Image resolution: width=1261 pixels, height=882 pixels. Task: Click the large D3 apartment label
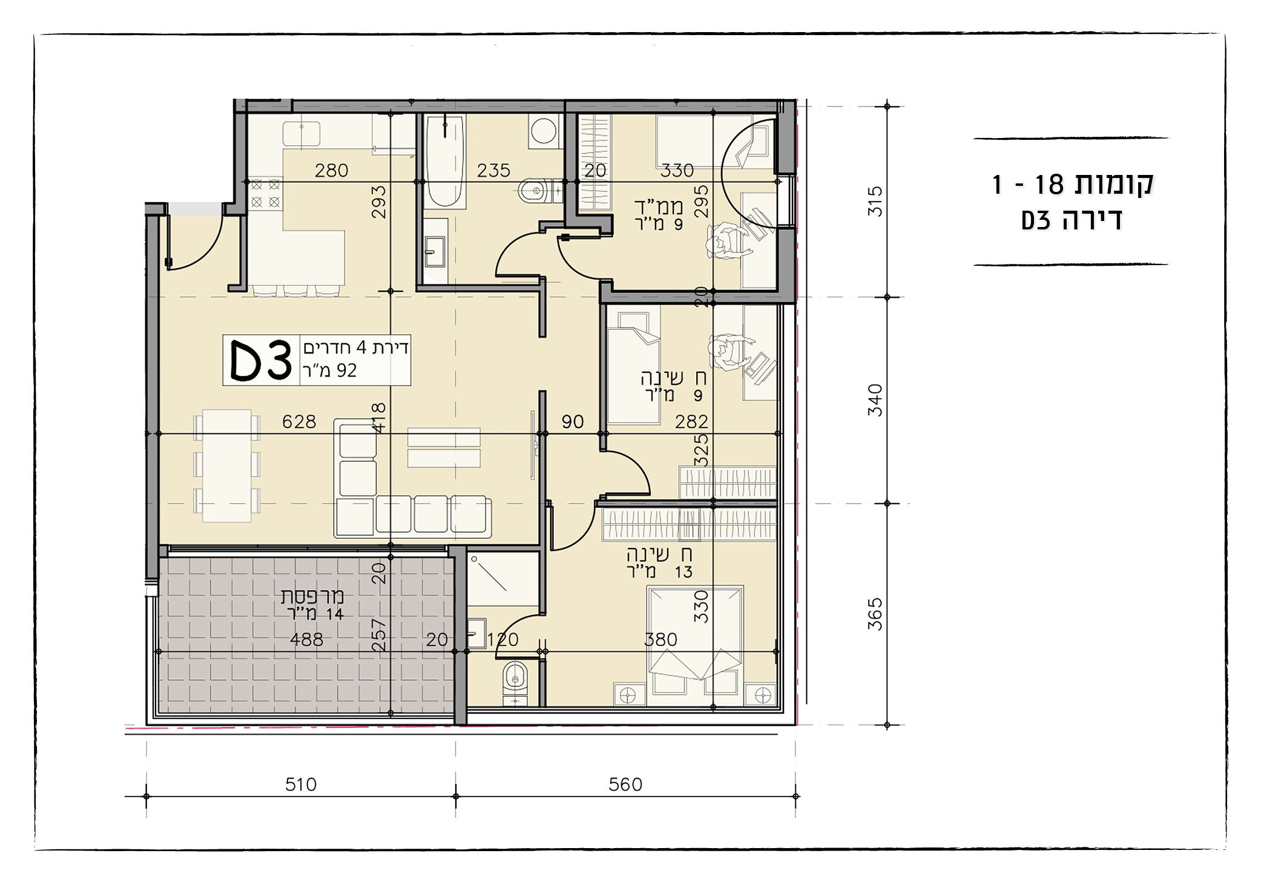click(262, 360)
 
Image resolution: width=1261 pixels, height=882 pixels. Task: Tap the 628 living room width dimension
click(299, 421)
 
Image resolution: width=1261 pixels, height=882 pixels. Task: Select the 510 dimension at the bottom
click(301, 785)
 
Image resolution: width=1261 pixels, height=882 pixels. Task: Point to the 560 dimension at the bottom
click(625, 785)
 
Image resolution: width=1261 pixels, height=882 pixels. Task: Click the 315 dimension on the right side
click(875, 202)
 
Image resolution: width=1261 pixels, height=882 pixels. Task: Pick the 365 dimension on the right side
click(875, 614)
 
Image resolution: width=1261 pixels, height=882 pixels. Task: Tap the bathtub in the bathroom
click(444, 160)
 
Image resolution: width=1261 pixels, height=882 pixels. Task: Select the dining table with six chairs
click(227, 466)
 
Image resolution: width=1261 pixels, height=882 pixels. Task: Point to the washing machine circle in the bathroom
click(543, 132)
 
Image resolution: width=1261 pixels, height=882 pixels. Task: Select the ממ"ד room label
click(659, 207)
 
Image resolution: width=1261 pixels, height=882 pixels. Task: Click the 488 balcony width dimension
click(306, 639)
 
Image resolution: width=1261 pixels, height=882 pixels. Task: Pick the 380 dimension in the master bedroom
click(660, 639)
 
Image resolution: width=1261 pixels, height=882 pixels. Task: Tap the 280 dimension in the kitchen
click(331, 171)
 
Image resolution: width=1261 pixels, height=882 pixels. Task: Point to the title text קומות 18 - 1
click(1072, 183)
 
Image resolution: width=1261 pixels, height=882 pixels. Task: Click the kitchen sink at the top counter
click(301, 133)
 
